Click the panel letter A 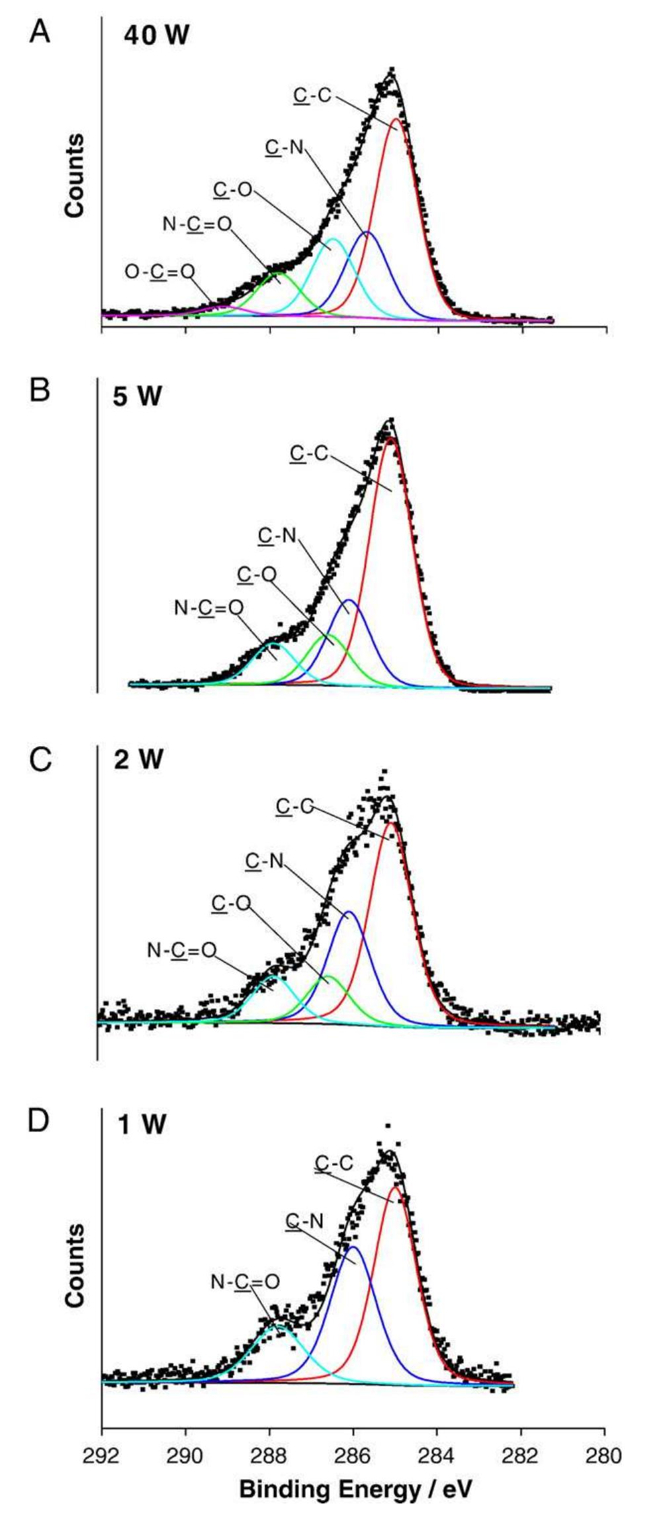click(40, 31)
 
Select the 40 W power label click(156, 35)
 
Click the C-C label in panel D click(334, 1162)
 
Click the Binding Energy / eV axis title click(356, 1490)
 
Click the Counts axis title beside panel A click(75, 175)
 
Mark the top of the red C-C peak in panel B click(390, 438)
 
